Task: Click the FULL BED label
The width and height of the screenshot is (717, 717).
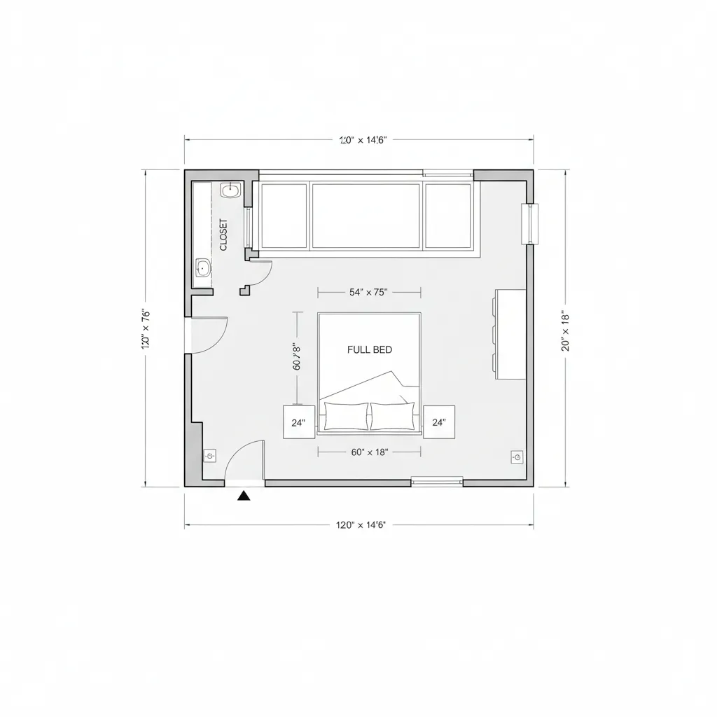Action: pyautogui.click(x=370, y=349)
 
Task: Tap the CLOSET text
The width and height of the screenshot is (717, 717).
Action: pyautogui.click(x=223, y=235)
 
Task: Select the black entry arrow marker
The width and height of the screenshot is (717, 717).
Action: pyautogui.click(x=244, y=496)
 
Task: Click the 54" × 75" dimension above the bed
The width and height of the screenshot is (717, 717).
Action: pyautogui.click(x=368, y=293)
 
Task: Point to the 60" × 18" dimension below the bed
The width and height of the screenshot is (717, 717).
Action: pyautogui.click(x=369, y=452)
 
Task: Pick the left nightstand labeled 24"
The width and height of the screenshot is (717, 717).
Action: pyautogui.click(x=299, y=422)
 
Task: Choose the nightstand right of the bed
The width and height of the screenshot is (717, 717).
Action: pyautogui.click(x=439, y=422)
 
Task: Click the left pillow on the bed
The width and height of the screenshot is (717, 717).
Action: pyautogui.click(x=346, y=417)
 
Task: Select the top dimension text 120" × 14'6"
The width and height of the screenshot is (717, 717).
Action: pyautogui.click(x=363, y=139)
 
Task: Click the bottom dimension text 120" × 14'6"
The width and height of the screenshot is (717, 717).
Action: pyautogui.click(x=361, y=524)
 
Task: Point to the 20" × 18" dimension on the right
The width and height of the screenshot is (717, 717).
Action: pyautogui.click(x=566, y=330)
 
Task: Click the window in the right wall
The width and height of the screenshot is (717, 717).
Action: pyautogui.click(x=531, y=223)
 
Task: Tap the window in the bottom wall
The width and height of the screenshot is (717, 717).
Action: pyautogui.click(x=437, y=481)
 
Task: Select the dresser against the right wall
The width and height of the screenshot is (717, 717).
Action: pyautogui.click(x=511, y=334)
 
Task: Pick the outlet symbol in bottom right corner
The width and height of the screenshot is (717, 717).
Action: pyautogui.click(x=517, y=457)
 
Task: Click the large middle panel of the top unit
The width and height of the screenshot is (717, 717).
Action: pyautogui.click(x=366, y=216)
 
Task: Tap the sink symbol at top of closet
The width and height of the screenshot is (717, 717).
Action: pyautogui.click(x=230, y=190)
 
